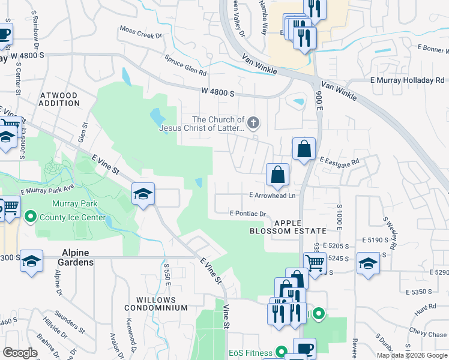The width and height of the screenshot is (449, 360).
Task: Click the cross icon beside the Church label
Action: [x=253, y=124]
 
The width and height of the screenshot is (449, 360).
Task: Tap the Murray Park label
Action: [x=62, y=204]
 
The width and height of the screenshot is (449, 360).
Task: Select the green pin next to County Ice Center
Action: [x=29, y=218]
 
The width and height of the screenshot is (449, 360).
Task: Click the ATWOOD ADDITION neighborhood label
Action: [x=59, y=100]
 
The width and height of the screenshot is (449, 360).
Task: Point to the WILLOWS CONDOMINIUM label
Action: [x=156, y=304]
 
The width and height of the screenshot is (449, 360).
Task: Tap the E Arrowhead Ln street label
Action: [x=273, y=196]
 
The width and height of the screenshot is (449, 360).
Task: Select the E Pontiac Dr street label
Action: [x=247, y=214]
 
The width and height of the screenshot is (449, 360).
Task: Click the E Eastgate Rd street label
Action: [x=339, y=161]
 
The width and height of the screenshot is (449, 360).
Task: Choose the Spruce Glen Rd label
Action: [x=186, y=65]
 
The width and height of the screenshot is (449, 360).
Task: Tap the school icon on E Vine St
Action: [x=143, y=194]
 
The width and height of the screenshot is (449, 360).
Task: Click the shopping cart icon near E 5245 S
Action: [x=315, y=262]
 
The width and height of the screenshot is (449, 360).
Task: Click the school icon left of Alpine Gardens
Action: [x=31, y=262]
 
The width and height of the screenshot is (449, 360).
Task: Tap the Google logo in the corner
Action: [x=20, y=353]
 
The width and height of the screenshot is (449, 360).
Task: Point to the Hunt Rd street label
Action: [x=425, y=307]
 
